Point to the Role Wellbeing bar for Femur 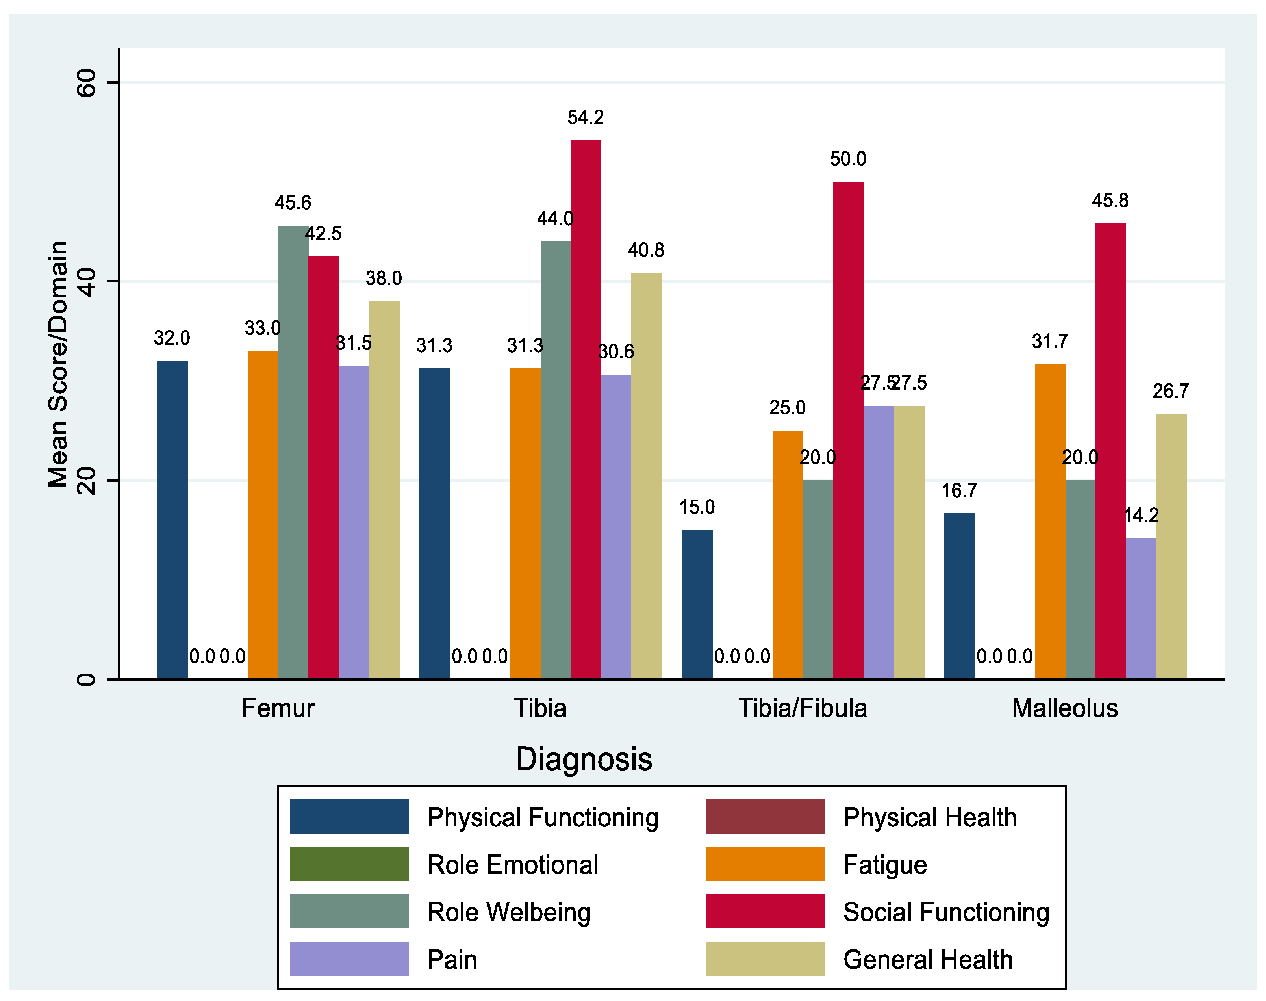(293, 452)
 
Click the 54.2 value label (585, 118)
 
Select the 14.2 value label (1141, 516)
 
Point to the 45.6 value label (292, 203)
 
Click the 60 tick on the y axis (87, 83)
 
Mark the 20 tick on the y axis (87, 481)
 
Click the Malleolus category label (1064, 708)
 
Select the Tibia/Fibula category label (802, 708)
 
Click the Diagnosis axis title (584, 760)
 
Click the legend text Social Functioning (945, 912)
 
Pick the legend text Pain (452, 959)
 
